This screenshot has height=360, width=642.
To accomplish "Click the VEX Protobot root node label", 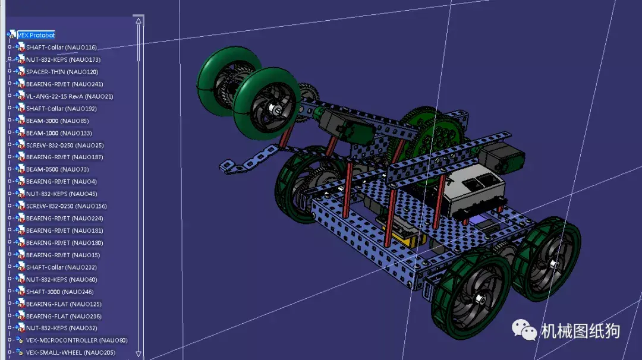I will point(36,35).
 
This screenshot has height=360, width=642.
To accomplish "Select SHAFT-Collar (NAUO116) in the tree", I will point(61,48).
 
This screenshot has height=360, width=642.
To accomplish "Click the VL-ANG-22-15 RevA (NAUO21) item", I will point(69,96).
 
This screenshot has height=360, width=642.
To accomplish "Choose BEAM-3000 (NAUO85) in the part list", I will point(57,121).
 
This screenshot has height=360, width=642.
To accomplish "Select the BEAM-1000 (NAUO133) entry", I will point(59,133).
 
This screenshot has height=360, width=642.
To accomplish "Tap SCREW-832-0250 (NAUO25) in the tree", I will point(65,145).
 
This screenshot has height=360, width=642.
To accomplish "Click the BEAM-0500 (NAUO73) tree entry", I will point(57,169).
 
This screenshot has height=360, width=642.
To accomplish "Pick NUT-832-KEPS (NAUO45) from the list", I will point(61,194).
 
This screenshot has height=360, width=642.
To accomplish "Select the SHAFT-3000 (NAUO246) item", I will point(59,292).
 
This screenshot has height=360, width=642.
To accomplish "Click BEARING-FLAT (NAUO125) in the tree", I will point(64,304).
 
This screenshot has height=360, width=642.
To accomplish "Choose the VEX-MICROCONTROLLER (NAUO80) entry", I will point(76,340).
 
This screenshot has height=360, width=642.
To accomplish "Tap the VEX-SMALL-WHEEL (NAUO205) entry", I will point(70,353).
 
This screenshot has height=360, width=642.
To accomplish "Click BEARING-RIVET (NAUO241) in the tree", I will point(64,84).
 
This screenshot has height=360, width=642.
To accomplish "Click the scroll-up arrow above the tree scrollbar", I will point(139,21).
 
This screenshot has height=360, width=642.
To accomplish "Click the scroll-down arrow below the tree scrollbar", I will point(139,353).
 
